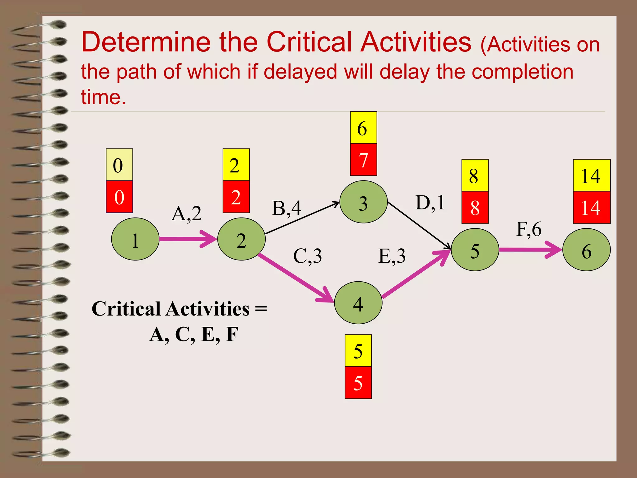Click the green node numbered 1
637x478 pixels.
click(135, 239)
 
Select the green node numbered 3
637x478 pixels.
click(363, 202)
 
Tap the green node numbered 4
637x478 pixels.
click(358, 302)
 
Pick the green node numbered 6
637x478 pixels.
click(586, 250)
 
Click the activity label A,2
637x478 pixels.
click(186, 214)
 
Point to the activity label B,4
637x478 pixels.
click(286, 208)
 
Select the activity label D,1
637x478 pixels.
click(430, 203)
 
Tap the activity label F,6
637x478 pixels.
click(529, 229)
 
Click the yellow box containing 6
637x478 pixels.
click(363, 128)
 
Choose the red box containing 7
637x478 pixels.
click(363, 160)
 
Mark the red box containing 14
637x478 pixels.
click(591, 207)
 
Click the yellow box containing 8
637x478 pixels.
click(475, 175)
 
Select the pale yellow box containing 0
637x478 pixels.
click(119, 165)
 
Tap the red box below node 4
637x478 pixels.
click(358, 382)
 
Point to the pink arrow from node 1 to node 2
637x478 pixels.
click(187, 239)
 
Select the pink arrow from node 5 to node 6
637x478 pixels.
click(529, 250)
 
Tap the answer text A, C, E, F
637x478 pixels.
click(194, 335)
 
